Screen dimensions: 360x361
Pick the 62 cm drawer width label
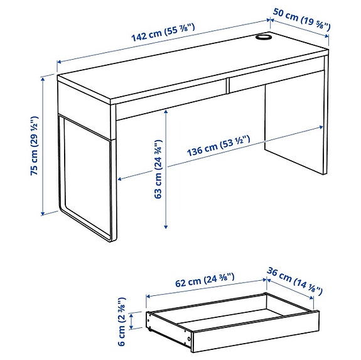203,283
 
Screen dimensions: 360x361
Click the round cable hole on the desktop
263,39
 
